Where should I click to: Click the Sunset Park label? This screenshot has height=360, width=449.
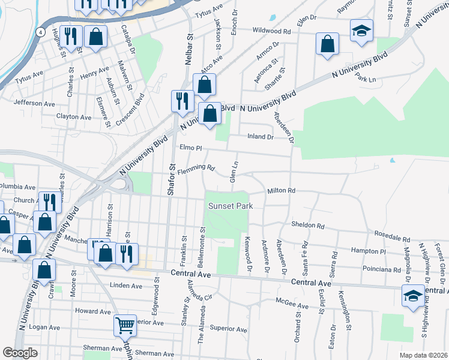click(231, 206)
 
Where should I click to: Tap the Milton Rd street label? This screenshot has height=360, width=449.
click(282, 191)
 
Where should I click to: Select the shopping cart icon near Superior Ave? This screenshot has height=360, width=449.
click(125, 326)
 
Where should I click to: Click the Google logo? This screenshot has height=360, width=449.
click(20, 353)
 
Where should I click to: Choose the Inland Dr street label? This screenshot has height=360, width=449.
click(261, 137)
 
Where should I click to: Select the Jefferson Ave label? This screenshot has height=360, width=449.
click(34, 103)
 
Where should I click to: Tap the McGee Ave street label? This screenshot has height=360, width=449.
click(292, 305)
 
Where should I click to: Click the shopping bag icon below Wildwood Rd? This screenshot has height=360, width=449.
click(327, 44)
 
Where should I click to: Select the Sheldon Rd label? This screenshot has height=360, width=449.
click(308, 226)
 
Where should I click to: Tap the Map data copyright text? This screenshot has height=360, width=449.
click(423, 355)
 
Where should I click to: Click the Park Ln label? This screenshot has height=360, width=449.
click(365, 79)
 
